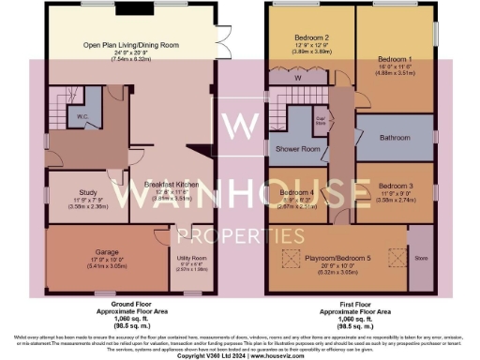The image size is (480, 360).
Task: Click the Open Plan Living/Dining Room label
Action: pos(132,44)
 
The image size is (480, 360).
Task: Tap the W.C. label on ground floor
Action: pos(82,118)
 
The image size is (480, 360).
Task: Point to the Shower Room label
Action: pos(297,149)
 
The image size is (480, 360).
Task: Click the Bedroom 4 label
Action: pos(295,194)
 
